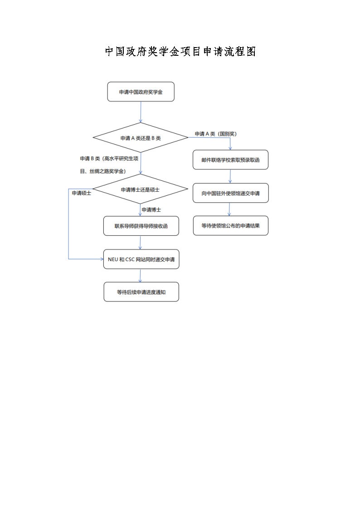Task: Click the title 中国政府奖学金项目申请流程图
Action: pyautogui.click(x=180, y=52)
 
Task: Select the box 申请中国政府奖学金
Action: pyautogui.click(x=141, y=92)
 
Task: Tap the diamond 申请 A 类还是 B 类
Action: pyautogui.click(x=141, y=138)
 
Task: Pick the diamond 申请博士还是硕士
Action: pyautogui.click(x=140, y=189)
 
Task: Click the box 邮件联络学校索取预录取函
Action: pyautogui.click(x=230, y=160)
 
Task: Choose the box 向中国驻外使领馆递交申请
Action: pyautogui.click(x=230, y=193)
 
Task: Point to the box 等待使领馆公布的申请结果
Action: pyautogui.click(x=230, y=225)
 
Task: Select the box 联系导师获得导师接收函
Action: pyautogui.click(x=141, y=226)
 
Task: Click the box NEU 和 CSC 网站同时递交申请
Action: pyautogui.click(x=141, y=259)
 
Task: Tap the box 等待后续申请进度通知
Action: pyautogui.click(x=141, y=292)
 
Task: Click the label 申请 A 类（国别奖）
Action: pyautogui.click(x=216, y=134)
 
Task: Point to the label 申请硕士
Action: pyautogui.click(x=81, y=193)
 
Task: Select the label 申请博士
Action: pyautogui.click(x=151, y=210)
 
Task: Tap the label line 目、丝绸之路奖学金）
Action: pyautogui.click(x=103, y=171)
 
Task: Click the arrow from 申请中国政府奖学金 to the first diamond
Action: pyautogui.click(x=141, y=111)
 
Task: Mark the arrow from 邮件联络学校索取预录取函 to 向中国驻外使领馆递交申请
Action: pyautogui.click(x=230, y=176)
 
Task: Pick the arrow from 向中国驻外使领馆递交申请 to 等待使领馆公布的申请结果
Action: pyautogui.click(x=229, y=209)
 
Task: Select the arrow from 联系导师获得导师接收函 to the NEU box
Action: pyautogui.click(x=141, y=242)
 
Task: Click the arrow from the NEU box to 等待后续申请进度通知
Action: pyautogui.click(x=141, y=276)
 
